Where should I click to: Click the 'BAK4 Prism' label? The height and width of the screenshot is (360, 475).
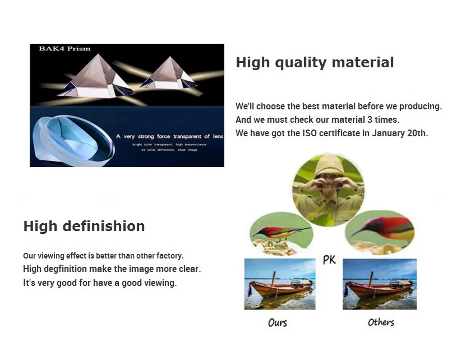64,49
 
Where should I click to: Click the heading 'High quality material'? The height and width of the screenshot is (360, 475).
315,62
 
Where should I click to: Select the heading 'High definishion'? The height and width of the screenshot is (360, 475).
84,226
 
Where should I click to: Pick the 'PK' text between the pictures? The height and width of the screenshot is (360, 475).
329,260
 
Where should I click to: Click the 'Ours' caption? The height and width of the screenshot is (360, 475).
278,322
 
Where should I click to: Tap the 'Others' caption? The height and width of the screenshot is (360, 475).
381,322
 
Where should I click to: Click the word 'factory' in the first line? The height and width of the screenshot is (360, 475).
169,256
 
